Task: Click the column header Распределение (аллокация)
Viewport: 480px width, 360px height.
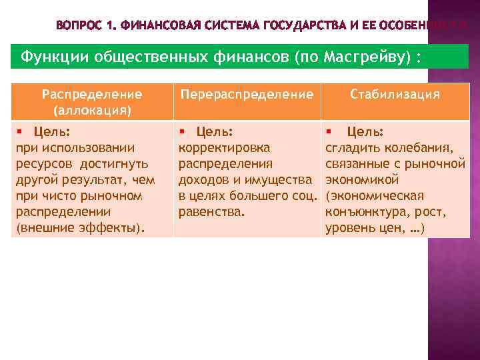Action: click(x=92, y=101)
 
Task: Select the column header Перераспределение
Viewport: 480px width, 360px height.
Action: click(x=247, y=95)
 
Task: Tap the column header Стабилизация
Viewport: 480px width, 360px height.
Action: click(x=395, y=94)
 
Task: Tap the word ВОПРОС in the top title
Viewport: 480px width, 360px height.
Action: click(x=79, y=26)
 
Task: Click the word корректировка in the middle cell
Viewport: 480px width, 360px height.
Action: click(x=224, y=148)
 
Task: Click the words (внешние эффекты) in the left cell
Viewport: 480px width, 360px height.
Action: click(x=79, y=228)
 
